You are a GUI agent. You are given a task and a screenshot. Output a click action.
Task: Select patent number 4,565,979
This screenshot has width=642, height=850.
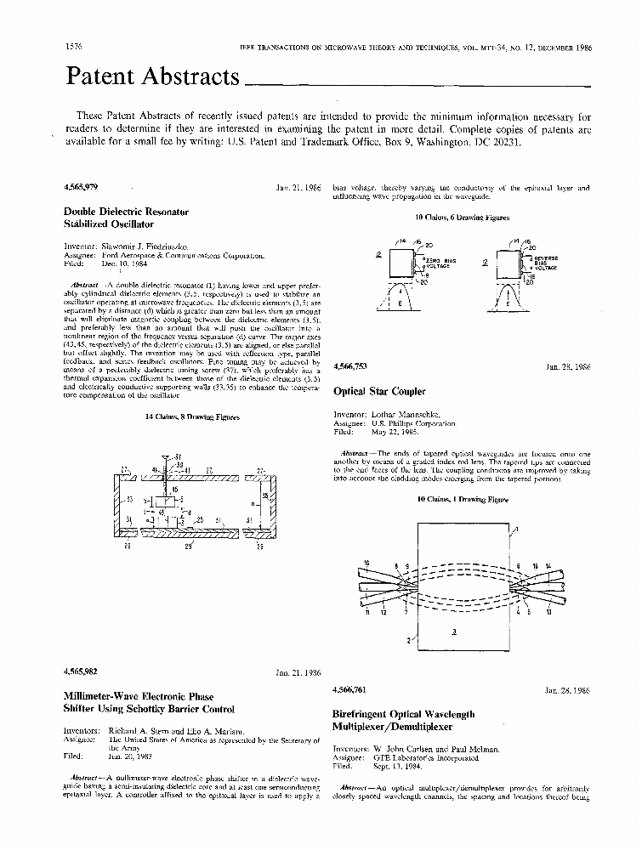pos(81,186)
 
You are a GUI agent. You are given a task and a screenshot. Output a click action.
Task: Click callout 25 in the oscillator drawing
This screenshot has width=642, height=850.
pos(199,519)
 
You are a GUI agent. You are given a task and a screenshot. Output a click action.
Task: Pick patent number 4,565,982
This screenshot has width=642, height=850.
pos(81,672)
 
